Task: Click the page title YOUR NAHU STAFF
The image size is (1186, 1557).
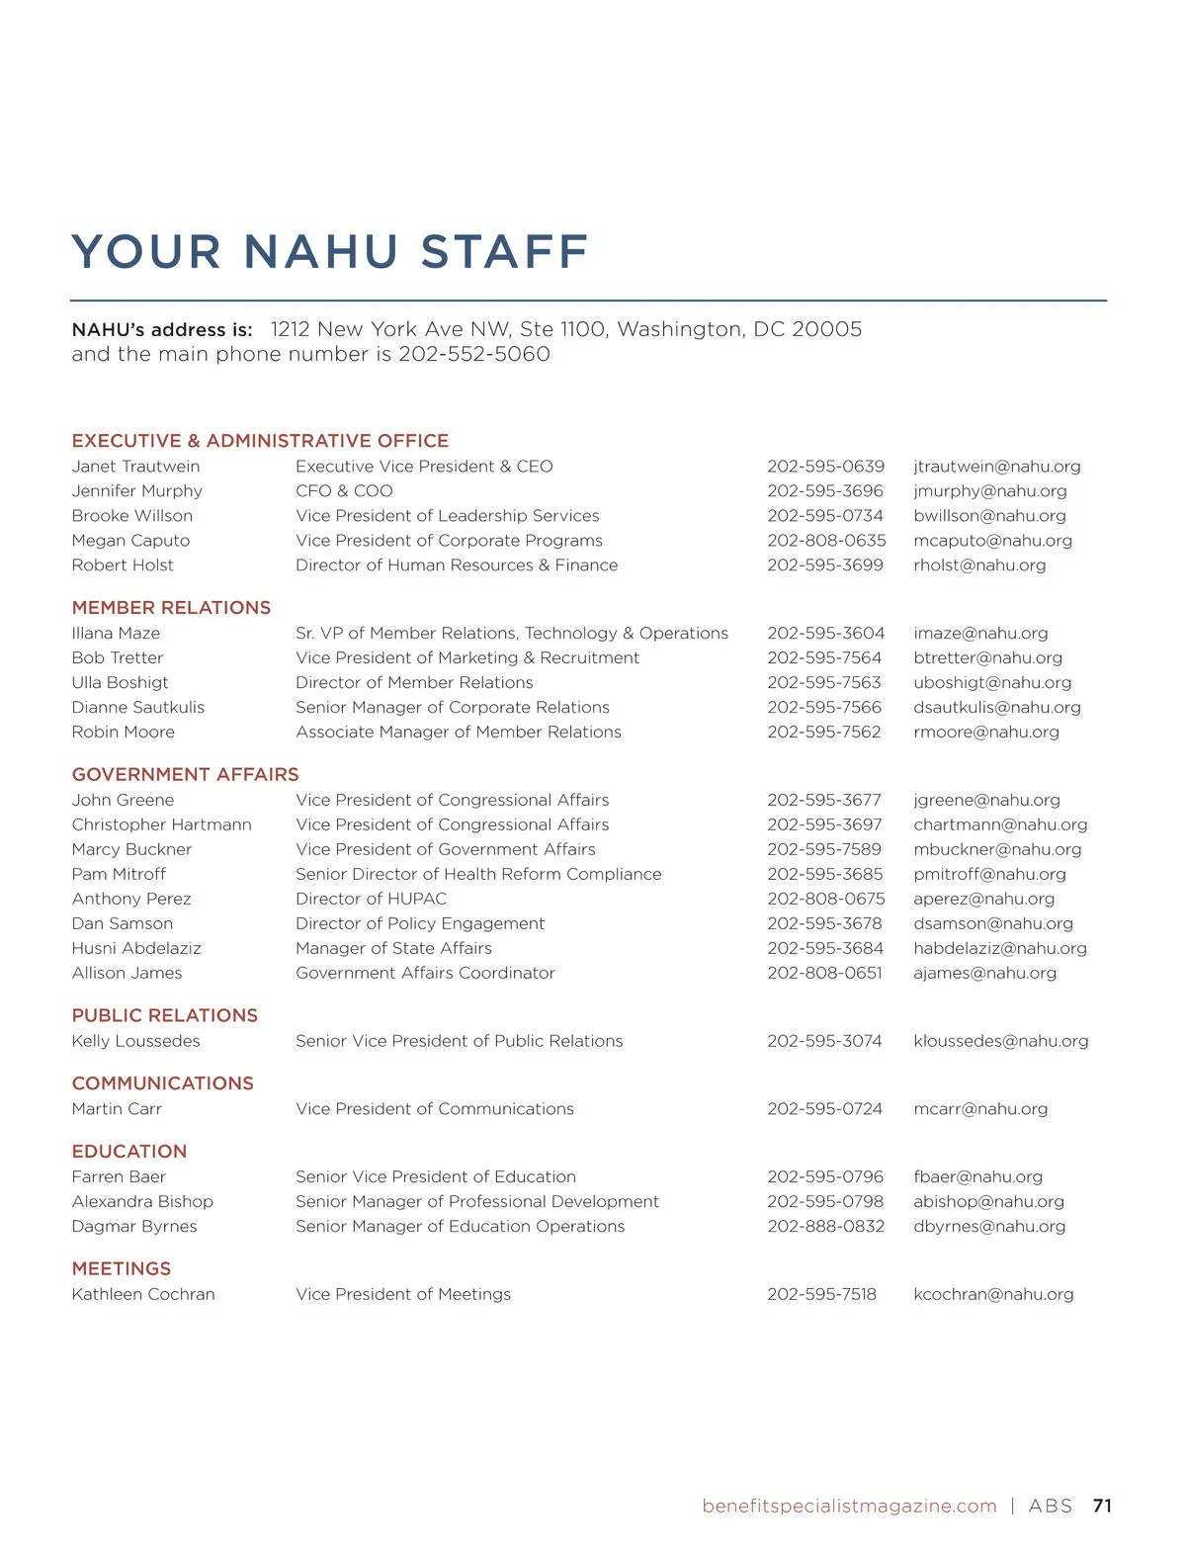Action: (x=330, y=251)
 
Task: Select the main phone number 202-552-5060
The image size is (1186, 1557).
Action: (x=474, y=354)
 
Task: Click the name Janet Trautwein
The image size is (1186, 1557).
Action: (x=135, y=467)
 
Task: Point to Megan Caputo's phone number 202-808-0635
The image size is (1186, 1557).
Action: (x=826, y=541)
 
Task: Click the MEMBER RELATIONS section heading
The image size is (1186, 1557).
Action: (x=171, y=608)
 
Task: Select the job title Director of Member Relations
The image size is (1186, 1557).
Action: (x=414, y=683)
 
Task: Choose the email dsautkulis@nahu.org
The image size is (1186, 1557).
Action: (x=997, y=708)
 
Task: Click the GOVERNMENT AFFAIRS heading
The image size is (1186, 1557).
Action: (x=185, y=775)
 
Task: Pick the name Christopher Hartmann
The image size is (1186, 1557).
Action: (x=161, y=824)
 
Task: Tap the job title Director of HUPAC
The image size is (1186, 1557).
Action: (x=371, y=899)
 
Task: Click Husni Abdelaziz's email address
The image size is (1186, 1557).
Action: (x=1000, y=948)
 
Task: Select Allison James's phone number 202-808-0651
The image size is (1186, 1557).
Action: (x=824, y=973)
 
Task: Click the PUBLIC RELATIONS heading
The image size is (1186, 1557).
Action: (x=164, y=1015)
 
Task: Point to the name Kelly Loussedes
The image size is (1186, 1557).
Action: (x=135, y=1041)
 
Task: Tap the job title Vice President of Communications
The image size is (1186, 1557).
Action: (x=435, y=1109)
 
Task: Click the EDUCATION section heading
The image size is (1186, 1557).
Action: (x=129, y=1152)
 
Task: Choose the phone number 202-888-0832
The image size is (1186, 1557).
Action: (x=825, y=1227)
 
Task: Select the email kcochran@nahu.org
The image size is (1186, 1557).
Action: (x=993, y=1294)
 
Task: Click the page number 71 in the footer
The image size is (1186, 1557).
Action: (x=1102, y=1506)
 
